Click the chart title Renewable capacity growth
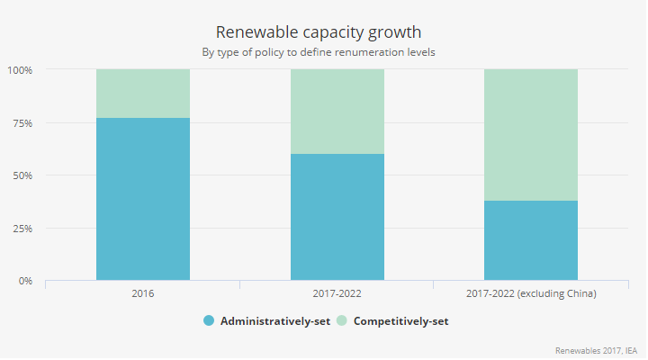[x=323, y=32]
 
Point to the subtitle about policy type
[x=323, y=51]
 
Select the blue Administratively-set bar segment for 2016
[x=143, y=199]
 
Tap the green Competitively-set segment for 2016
[x=143, y=94]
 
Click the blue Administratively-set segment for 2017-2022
[x=337, y=217]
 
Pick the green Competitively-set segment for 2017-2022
[x=337, y=112]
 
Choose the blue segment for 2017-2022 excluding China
[x=530, y=240]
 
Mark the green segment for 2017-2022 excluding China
[x=530, y=135]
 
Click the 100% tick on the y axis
[x=20, y=69]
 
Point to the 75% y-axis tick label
[x=22, y=122]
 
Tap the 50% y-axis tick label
[x=22, y=175]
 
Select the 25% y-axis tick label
[x=22, y=228]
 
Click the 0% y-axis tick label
[x=24, y=281]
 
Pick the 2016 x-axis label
[x=143, y=294]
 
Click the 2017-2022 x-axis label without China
[x=337, y=294]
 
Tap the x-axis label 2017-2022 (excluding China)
[x=530, y=294]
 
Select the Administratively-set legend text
[x=275, y=321]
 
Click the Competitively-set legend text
[x=400, y=321]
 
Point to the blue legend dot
[x=209, y=321]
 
